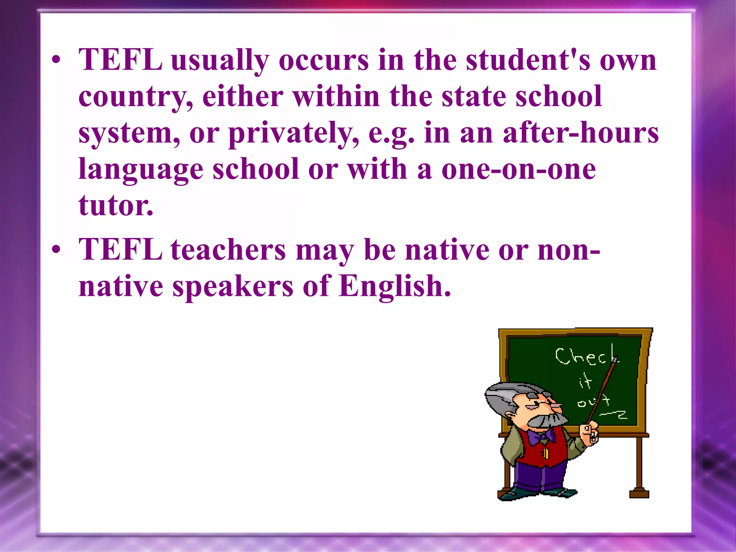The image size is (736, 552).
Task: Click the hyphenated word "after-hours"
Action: [581, 133]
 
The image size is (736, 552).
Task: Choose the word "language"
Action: [141, 170]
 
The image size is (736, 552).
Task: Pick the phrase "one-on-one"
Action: [519, 169]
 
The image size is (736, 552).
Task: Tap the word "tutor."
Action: [116, 206]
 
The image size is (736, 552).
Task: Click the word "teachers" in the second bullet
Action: [228, 250]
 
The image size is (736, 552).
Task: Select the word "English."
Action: [395, 286]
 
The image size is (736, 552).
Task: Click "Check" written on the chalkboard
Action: [586, 356]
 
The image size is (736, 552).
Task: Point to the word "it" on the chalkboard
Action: [585, 382]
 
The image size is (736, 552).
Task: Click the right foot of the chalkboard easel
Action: [639, 493]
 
